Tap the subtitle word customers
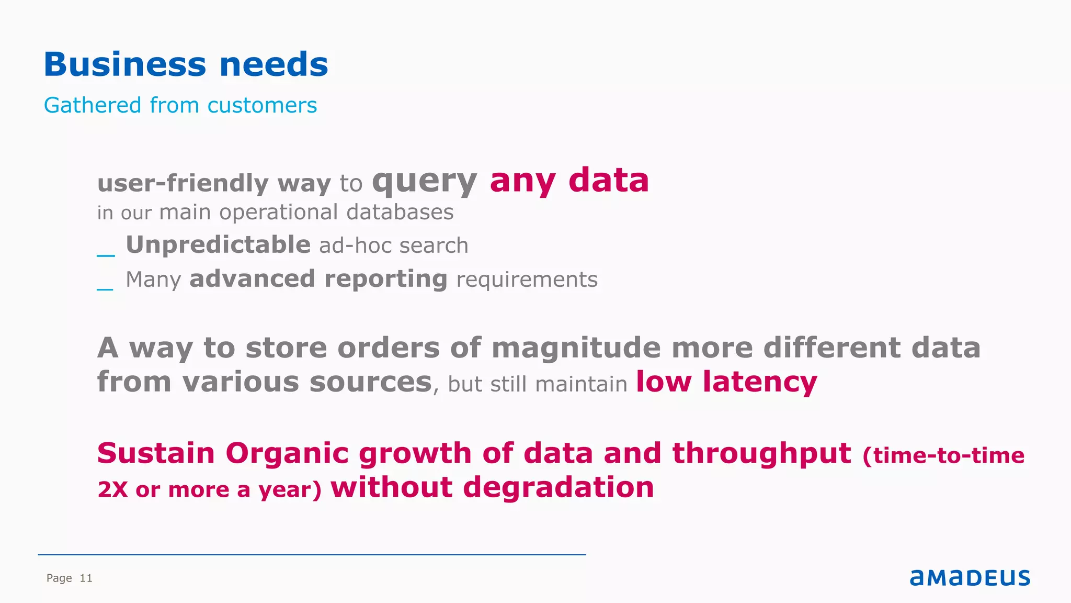(262, 105)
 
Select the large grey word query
(424, 182)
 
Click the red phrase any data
(569, 181)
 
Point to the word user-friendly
(183, 183)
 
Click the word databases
(400, 213)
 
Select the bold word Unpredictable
(218, 245)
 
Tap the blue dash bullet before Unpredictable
(106, 255)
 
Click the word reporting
(385, 279)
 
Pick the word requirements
(527, 280)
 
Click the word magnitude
(576, 348)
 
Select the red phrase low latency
(726, 382)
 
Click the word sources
(370, 382)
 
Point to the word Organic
(287, 453)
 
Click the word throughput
(761, 453)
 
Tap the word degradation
(558, 488)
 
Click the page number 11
(86, 578)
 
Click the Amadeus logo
(970, 577)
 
